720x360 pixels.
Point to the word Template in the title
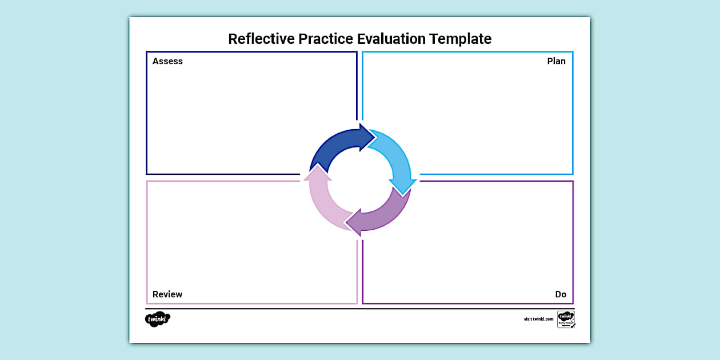click(461, 39)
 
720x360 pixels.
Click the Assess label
click(167, 61)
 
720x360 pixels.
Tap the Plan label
click(556, 61)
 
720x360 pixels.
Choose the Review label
click(167, 294)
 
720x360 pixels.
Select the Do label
click(561, 294)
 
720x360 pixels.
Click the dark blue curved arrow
click(334, 146)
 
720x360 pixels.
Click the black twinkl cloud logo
click(158, 319)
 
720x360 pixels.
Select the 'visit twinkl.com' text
click(538, 319)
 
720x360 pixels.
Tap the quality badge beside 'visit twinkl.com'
click(566, 319)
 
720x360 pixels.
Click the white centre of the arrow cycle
click(360, 180)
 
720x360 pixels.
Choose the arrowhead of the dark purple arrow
click(355, 223)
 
